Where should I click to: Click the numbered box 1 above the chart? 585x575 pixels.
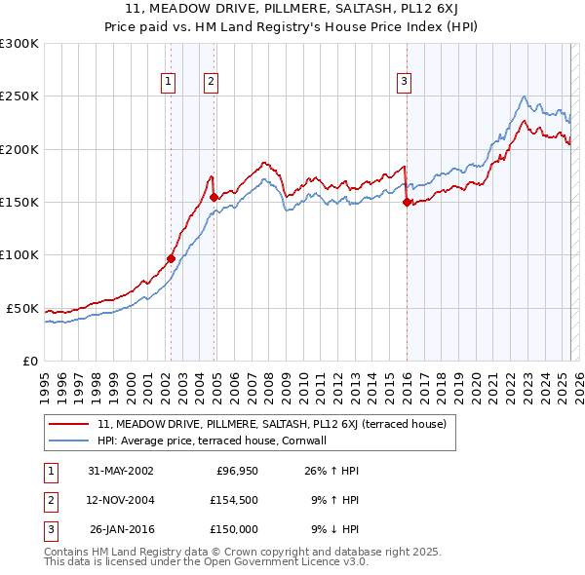click(x=170, y=83)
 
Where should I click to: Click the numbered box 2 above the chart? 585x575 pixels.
click(x=211, y=83)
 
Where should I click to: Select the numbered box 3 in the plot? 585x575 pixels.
click(x=404, y=83)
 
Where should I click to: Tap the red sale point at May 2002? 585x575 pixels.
click(x=171, y=258)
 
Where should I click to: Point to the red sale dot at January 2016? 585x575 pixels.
click(x=406, y=203)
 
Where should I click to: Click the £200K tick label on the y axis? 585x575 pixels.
click(x=19, y=149)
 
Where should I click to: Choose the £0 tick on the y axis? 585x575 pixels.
click(x=28, y=361)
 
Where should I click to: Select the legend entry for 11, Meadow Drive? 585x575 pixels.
click(x=271, y=424)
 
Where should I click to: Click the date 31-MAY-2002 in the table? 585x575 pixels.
click(x=120, y=471)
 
